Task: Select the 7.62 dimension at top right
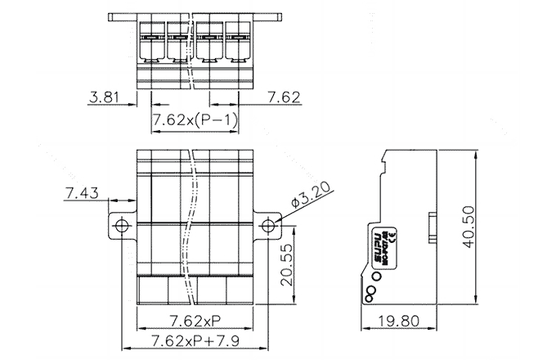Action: (x=284, y=98)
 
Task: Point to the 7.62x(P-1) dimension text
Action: (x=195, y=122)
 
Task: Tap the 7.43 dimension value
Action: (x=81, y=193)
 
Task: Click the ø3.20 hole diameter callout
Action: (x=309, y=199)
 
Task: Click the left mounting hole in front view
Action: (x=122, y=225)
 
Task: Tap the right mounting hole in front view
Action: (x=267, y=225)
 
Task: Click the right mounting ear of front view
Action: (x=267, y=225)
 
